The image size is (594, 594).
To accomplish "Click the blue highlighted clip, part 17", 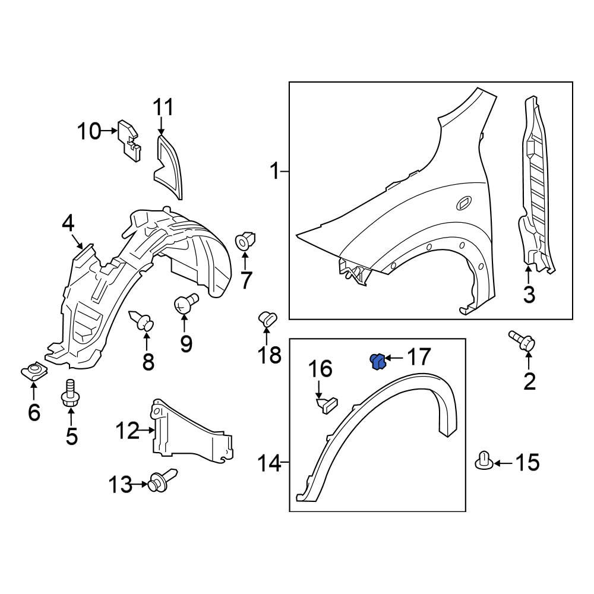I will [376, 361].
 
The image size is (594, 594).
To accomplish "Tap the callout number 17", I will [418, 358].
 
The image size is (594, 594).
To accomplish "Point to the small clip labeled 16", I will [327, 405].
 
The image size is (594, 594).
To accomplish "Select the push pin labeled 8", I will [143, 321].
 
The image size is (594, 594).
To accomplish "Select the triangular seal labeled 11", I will [169, 165].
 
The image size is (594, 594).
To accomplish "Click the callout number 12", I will [128, 429].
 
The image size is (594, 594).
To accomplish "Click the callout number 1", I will [274, 172].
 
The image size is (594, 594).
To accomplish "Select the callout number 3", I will [529, 293].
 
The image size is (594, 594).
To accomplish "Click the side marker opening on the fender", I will [462, 204].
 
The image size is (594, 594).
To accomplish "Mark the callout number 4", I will [68, 224].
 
